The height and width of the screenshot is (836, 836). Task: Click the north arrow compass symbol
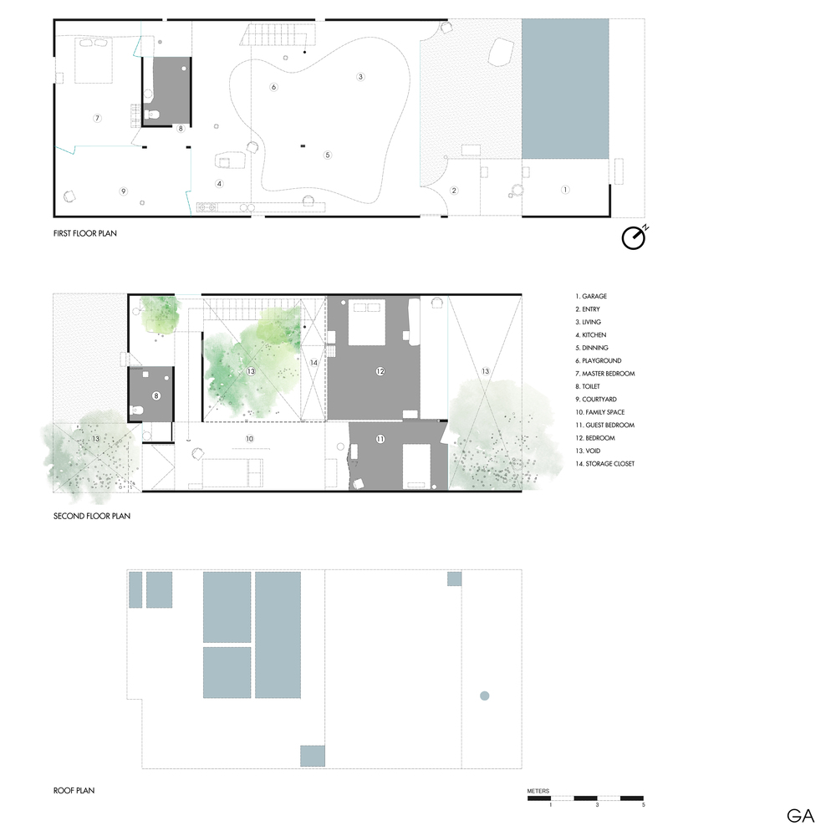point(634,237)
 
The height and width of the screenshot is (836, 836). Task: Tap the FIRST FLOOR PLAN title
point(84,233)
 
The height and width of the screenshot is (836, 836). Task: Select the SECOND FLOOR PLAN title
point(92,516)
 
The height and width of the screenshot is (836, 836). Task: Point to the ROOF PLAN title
point(74,790)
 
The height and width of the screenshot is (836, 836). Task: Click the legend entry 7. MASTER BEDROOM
point(605,374)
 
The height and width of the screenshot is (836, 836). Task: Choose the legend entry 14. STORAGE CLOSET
point(605,464)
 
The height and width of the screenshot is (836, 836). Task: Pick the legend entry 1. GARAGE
point(591,297)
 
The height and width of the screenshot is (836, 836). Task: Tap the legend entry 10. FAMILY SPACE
point(599,412)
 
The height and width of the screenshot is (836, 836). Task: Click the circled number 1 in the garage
point(565,189)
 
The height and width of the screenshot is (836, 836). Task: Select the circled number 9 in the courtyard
point(123,191)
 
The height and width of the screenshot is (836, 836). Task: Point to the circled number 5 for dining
point(328,155)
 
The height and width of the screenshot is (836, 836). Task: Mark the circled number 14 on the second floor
point(313,363)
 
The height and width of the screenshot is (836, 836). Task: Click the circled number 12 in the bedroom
point(380,371)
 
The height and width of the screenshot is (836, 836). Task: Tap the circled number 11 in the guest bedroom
point(380,439)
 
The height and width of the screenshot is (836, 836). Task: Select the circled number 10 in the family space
point(249,439)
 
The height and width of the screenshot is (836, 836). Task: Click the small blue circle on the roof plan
point(485,696)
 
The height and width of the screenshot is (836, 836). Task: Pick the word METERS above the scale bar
point(538,791)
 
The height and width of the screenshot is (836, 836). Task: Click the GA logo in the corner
point(800,816)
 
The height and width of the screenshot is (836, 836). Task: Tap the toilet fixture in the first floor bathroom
point(152,114)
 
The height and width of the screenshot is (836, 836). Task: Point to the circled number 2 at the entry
point(454,191)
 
